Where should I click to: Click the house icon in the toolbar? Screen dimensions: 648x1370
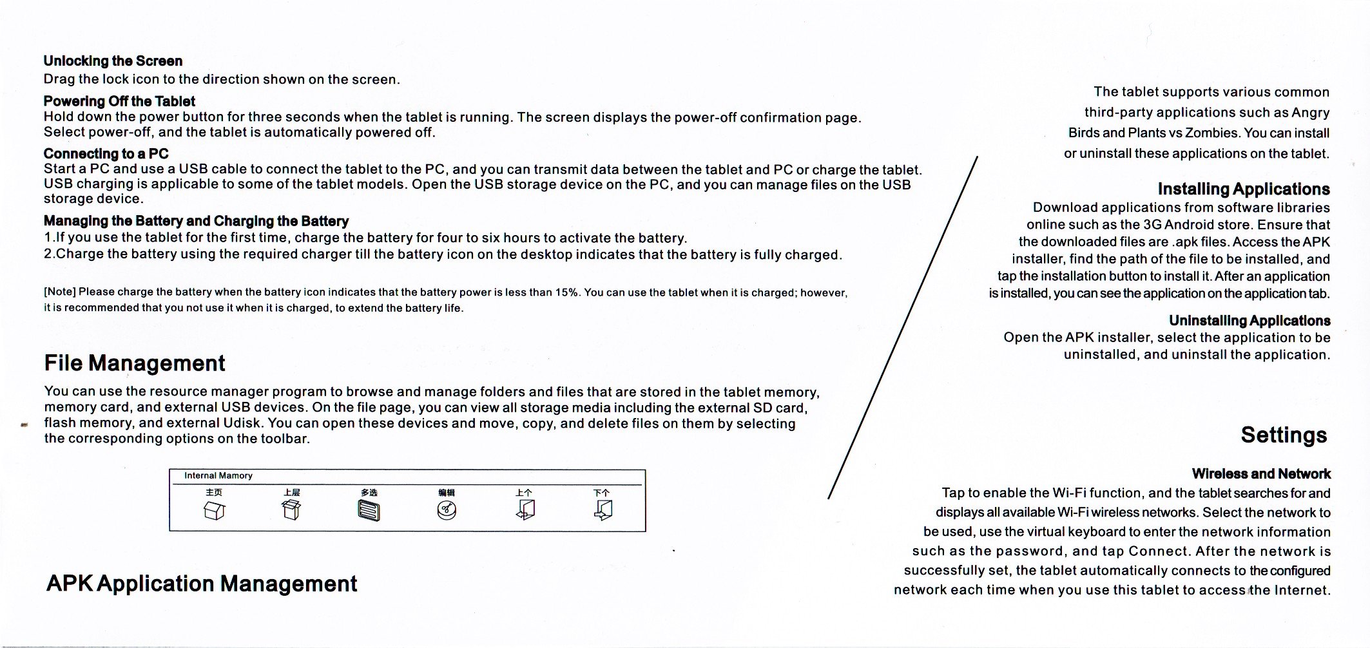coord(214,511)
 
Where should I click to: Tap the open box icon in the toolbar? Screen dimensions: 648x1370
coord(291,510)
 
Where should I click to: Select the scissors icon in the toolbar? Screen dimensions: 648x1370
coord(447,511)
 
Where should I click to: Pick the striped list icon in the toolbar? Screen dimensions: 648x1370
coord(369,511)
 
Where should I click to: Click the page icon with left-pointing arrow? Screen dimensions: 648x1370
coord(525,510)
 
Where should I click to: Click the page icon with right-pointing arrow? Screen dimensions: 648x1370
coord(603,510)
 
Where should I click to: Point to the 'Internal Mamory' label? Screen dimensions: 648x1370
coord(218,475)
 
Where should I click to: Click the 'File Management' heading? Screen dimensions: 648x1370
coord(135,363)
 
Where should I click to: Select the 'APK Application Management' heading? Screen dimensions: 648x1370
coord(202,584)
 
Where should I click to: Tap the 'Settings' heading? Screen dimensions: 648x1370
coord(1284,435)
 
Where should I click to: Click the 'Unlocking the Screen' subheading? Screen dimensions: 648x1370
coord(113,61)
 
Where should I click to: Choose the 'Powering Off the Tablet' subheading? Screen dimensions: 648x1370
coord(119,101)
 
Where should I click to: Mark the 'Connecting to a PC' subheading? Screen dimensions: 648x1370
coord(106,153)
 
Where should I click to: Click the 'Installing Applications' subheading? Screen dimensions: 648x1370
coord(1243,189)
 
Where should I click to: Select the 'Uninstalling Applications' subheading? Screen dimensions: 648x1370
coord(1249,320)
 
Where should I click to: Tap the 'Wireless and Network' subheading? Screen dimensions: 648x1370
coord(1260,473)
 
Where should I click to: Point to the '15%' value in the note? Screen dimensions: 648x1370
coord(566,292)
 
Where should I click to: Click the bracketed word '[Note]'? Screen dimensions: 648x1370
coord(59,292)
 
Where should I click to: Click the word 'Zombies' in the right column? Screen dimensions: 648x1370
coord(1213,133)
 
